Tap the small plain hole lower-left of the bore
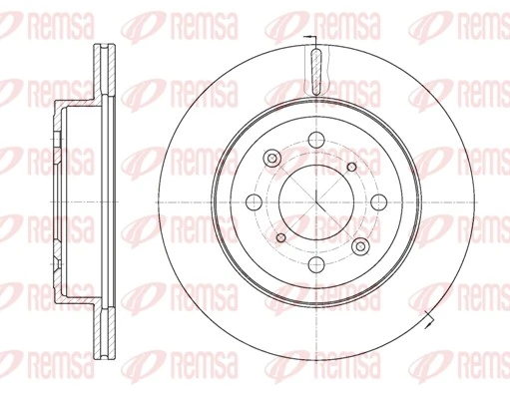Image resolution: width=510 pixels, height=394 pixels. point(280,236)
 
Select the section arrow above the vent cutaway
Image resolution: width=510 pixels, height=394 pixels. point(312,42)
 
